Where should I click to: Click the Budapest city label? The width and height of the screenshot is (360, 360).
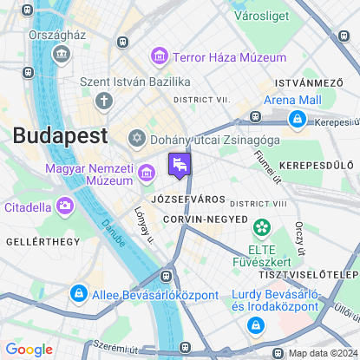pos(60,136)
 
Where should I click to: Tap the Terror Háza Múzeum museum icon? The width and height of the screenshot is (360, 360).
pos(159,57)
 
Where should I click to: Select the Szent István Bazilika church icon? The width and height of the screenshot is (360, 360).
pos(104,101)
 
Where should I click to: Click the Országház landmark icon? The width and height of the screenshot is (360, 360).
pos(62,55)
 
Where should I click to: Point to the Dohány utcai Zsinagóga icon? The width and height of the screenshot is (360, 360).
pos(136,138)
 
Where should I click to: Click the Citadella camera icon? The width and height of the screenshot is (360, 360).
pos(64,206)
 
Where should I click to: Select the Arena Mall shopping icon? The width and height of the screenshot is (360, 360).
pos(298,117)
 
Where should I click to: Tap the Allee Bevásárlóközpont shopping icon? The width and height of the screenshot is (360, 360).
pos(79,294)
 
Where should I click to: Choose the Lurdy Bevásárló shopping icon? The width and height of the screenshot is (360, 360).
pos(255,325)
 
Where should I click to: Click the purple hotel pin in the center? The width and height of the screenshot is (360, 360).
pos(180,164)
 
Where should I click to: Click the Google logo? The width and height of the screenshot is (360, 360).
pos(29,349)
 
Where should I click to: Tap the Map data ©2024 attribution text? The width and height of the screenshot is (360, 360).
pos(321,352)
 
